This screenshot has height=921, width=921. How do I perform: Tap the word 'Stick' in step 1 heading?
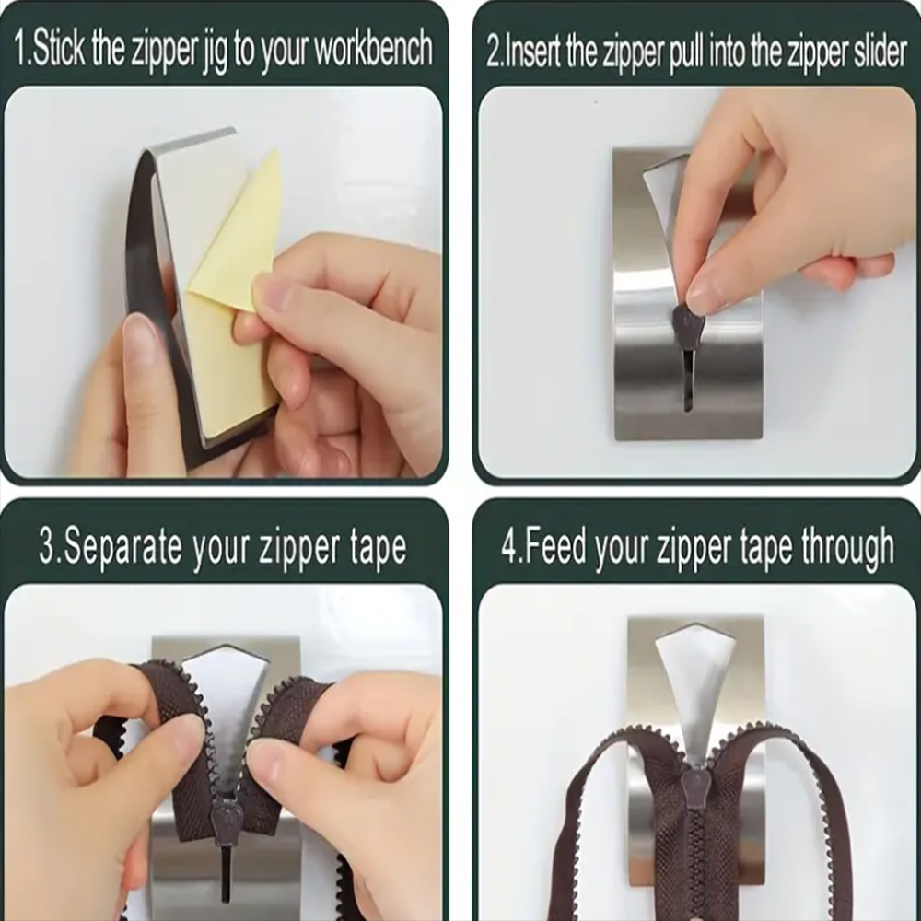point(58,49)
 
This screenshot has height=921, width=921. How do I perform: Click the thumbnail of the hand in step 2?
point(703,293)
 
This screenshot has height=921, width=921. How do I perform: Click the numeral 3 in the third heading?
point(46,545)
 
